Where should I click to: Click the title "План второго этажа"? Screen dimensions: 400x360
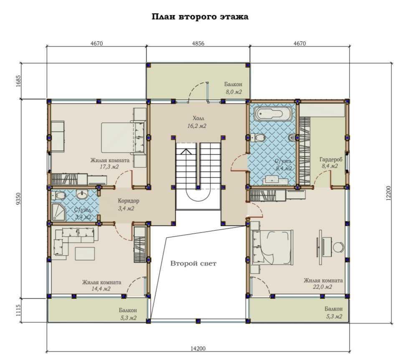pos(200,17)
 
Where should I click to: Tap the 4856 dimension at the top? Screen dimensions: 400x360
pos(198,43)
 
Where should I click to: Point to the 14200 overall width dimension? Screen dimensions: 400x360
pos(198,348)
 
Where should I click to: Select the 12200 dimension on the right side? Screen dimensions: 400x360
pos(388,193)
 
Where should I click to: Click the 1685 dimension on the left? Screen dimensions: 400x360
pos(18,81)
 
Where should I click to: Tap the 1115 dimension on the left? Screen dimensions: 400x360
pos(18,310)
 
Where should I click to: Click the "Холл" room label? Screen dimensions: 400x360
pos(198,118)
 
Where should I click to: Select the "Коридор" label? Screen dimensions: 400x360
pos(129,201)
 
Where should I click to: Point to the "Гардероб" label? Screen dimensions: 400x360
pos(331,160)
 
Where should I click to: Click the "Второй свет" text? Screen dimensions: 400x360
pos(193,263)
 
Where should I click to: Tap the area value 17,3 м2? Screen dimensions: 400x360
pos(109,167)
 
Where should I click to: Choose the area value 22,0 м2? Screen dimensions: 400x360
pos(322,287)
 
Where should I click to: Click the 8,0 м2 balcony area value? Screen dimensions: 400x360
pos(234,92)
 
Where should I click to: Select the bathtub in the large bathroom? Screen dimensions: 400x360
pos(273,114)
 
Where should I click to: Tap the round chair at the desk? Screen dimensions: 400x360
pos(339,247)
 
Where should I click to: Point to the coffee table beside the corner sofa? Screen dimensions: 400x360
pos(85,254)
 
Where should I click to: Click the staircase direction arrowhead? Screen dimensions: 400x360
pos(186,152)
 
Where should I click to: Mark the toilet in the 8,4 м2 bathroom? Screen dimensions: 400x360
pos(258,137)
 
